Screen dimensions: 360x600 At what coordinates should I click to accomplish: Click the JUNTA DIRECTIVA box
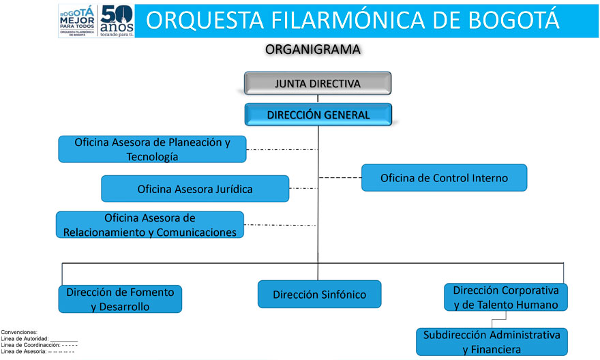point(318,83)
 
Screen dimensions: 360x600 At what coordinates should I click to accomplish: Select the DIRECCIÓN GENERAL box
point(318,115)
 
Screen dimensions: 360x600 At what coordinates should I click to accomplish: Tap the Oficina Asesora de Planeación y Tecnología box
point(152,149)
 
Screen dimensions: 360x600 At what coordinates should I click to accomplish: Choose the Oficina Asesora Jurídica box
point(195,189)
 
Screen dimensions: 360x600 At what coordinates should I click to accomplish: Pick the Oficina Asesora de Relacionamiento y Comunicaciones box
point(150,225)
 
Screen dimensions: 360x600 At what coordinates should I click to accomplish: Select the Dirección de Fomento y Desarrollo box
point(120,299)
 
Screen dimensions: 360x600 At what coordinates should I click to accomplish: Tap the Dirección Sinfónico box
point(319,295)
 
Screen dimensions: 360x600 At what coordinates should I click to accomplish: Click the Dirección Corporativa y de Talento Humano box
point(505,297)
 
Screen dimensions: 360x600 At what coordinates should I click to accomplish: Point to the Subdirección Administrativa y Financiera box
point(492,342)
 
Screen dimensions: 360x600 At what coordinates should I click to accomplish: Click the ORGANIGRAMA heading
point(313,49)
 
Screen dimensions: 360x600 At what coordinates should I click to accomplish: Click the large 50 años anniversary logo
point(115,20)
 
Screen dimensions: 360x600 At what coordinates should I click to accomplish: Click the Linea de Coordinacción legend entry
point(40,345)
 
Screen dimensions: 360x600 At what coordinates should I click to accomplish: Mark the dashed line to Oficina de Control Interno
point(340,178)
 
